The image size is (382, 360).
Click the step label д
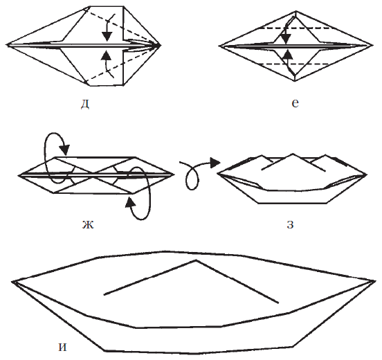pos(85,105)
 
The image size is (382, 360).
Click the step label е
pos(295,104)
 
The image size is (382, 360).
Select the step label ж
pos(88,225)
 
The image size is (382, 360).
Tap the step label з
pos(290,225)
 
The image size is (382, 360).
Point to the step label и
pos(62,348)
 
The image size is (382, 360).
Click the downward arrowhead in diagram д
pos(107,36)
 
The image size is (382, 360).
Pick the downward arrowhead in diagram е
pos(286,39)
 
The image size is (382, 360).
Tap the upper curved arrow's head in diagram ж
pos(65,150)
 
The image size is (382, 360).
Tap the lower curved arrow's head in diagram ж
pos(130,202)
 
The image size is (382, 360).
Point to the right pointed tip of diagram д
pos(161,45)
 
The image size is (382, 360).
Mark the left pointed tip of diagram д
pos(7,45)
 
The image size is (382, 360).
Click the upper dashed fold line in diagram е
pos(295,28)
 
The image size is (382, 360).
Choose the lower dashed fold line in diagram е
pos(295,64)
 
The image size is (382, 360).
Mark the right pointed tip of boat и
pos(375,281)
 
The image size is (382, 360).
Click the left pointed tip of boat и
pos(12,282)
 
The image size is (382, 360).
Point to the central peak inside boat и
pos(196,260)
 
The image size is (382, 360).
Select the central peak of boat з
pos(293,154)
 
